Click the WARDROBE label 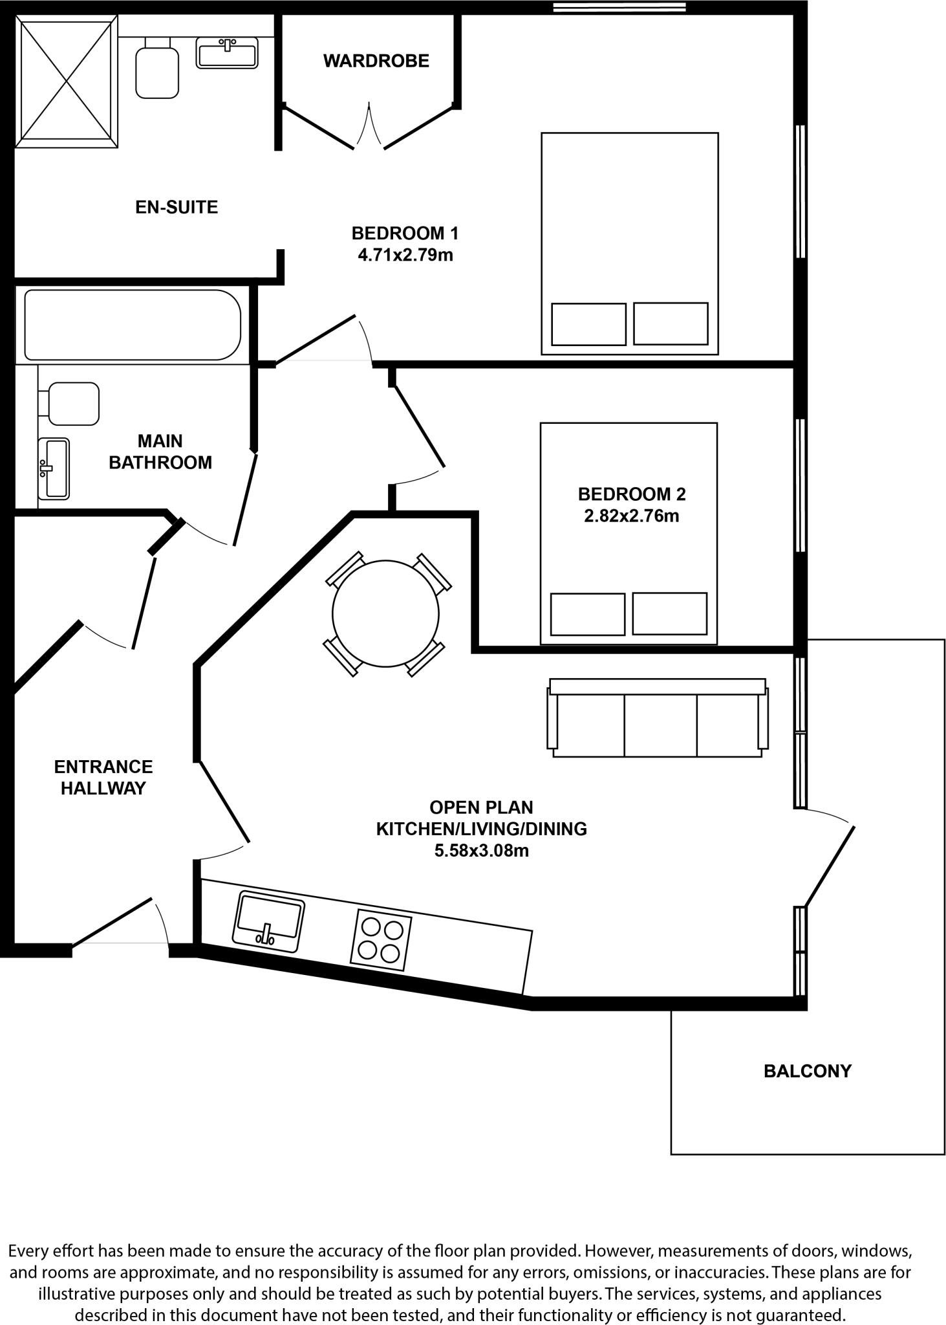(376, 61)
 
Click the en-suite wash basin (227, 52)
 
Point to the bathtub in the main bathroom (133, 325)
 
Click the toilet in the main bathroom (72, 404)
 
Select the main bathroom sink (54, 468)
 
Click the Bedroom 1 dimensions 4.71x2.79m (405, 255)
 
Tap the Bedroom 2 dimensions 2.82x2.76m (631, 516)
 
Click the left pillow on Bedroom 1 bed (588, 323)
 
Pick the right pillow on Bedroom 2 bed (669, 613)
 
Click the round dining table (385, 613)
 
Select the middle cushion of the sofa (660, 725)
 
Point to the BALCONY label (807, 1071)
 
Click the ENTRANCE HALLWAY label (103, 777)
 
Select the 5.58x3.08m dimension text (481, 850)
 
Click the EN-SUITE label (177, 207)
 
